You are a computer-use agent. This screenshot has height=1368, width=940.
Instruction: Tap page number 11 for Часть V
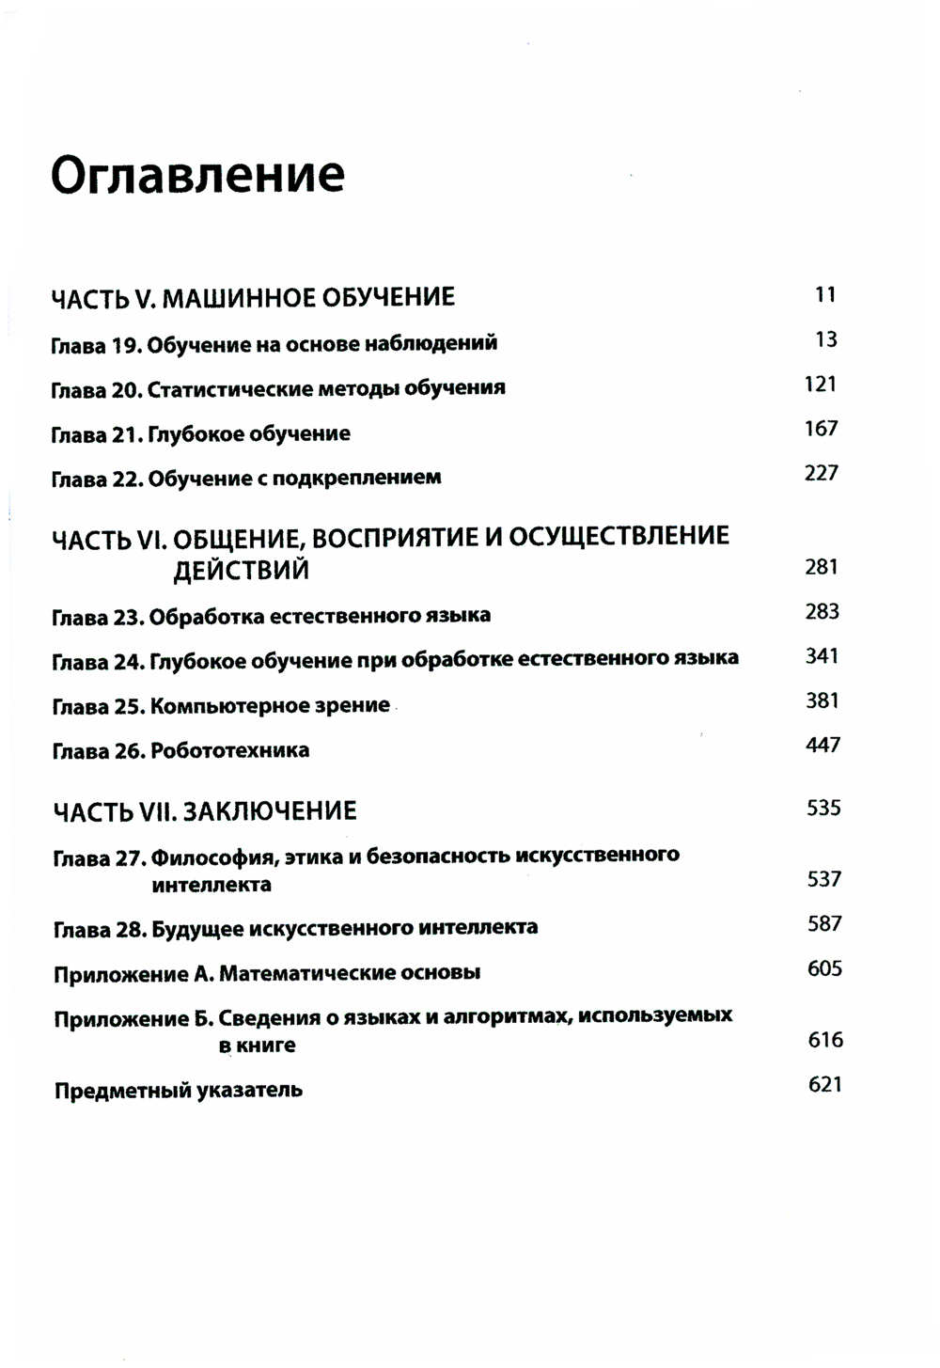click(824, 295)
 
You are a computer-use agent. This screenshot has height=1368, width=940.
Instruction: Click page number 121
click(820, 385)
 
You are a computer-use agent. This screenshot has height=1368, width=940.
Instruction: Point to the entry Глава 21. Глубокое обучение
click(201, 433)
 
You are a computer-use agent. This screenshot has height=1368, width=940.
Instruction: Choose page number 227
click(821, 473)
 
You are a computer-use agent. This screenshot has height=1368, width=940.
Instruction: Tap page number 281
click(821, 567)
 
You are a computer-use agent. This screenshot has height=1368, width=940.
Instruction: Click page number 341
click(821, 656)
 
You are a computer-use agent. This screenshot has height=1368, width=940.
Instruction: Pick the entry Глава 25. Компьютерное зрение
click(221, 705)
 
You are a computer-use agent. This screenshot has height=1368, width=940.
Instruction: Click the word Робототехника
click(229, 750)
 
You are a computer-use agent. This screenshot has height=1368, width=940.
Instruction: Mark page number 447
click(822, 746)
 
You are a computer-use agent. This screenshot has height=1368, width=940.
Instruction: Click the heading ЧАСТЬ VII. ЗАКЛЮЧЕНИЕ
click(205, 810)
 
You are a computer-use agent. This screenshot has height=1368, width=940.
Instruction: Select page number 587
click(824, 924)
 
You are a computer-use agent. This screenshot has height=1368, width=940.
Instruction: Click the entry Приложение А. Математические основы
click(267, 973)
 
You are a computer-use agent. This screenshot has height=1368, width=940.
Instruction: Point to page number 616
click(825, 1040)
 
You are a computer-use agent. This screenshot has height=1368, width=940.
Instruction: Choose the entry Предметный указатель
click(179, 1091)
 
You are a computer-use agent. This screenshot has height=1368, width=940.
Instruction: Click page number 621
click(824, 1085)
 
